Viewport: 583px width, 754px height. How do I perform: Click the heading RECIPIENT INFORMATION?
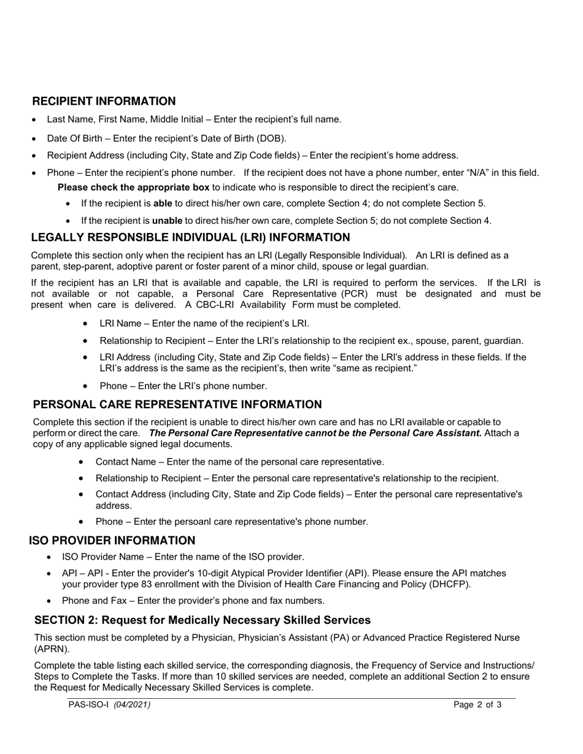(x=104, y=101)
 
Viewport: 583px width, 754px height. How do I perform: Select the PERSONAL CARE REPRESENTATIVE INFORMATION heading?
(x=177, y=405)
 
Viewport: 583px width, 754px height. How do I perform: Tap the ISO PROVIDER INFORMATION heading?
(x=112, y=541)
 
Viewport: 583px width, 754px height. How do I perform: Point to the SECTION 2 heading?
(x=202, y=620)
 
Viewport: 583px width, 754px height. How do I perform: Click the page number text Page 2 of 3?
(x=477, y=704)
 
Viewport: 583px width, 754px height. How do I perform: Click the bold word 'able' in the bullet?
(x=163, y=204)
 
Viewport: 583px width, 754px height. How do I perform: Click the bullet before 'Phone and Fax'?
(x=50, y=601)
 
